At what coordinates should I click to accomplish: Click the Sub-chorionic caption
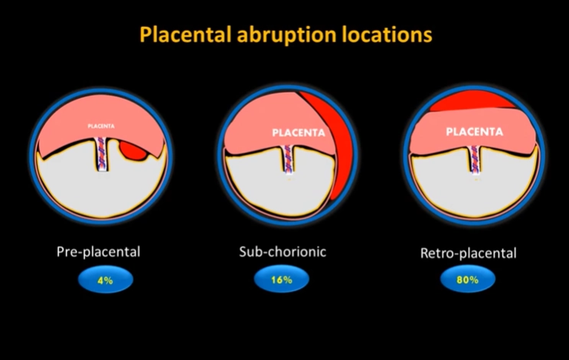click(283, 250)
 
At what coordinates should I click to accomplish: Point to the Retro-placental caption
click(468, 252)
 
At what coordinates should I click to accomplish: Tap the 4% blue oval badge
click(105, 280)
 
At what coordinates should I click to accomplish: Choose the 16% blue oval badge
click(282, 280)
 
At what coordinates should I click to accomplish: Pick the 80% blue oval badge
click(468, 280)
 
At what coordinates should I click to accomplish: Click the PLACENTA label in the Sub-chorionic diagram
click(299, 133)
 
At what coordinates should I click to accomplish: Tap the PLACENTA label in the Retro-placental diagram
click(474, 131)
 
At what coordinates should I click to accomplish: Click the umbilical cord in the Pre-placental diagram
click(103, 154)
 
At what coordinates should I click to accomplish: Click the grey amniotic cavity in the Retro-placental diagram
click(475, 191)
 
